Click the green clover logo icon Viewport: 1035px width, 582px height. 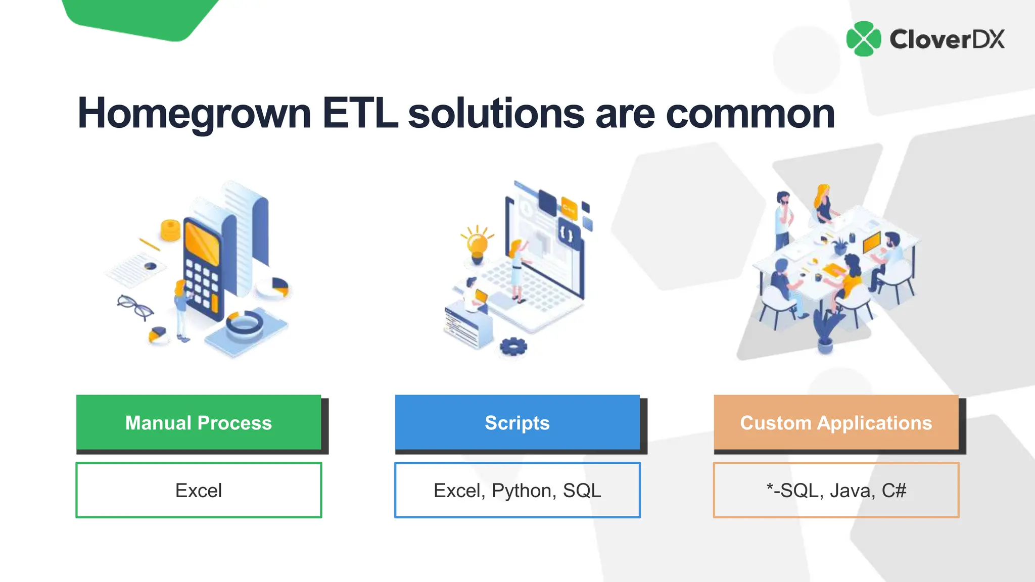click(x=864, y=39)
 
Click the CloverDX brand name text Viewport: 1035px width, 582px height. click(x=947, y=39)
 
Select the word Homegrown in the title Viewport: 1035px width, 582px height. click(x=194, y=114)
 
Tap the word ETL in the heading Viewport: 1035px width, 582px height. click(x=360, y=113)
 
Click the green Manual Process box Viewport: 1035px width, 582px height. click(x=199, y=422)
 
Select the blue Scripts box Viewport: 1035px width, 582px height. click(x=517, y=422)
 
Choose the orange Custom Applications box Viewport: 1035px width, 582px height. click(x=836, y=422)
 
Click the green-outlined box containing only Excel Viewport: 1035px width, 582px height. click(x=199, y=490)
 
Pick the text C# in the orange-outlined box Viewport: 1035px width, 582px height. click(x=894, y=491)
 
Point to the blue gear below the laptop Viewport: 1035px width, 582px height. click(x=513, y=347)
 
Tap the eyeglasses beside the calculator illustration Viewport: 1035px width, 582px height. click(x=135, y=306)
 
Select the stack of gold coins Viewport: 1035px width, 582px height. click(x=170, y=230)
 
